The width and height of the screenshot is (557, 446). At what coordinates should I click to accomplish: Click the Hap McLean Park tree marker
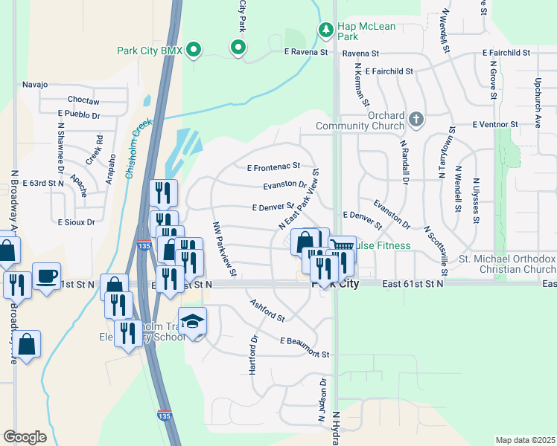325,30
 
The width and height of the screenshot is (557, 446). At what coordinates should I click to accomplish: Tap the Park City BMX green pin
194,51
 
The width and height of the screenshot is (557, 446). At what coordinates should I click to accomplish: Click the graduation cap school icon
192,321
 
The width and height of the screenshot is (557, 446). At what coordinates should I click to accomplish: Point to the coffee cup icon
46,276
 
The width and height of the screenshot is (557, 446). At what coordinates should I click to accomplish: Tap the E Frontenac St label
273,166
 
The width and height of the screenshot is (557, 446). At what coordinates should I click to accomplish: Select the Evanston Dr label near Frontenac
285,185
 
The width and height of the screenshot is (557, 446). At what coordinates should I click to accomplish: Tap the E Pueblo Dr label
79,115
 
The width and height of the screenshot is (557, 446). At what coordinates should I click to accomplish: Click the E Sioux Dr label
77,222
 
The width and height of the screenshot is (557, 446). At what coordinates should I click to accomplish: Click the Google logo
25,437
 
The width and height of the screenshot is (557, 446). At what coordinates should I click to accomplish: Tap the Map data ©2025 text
525,440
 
